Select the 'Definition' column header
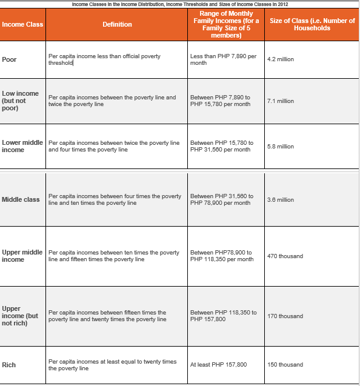[x=117, y=24]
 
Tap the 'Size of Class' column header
[x=312, y=24]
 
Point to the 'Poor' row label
[x=9, y=59]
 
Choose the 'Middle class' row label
[x=21, y=199]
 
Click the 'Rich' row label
[x=9, y=365]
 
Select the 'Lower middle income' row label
[x=22, y=146]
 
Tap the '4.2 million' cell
[x=280, y=59]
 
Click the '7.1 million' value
[x=280, y=101]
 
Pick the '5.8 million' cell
[x=280, y=147]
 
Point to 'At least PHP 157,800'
[x=218, y=365]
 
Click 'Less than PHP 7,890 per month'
[x=222, y=59]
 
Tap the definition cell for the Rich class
[x=112, y=365]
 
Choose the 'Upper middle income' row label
[x=22, y=256]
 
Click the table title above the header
[x=179, y=4]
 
